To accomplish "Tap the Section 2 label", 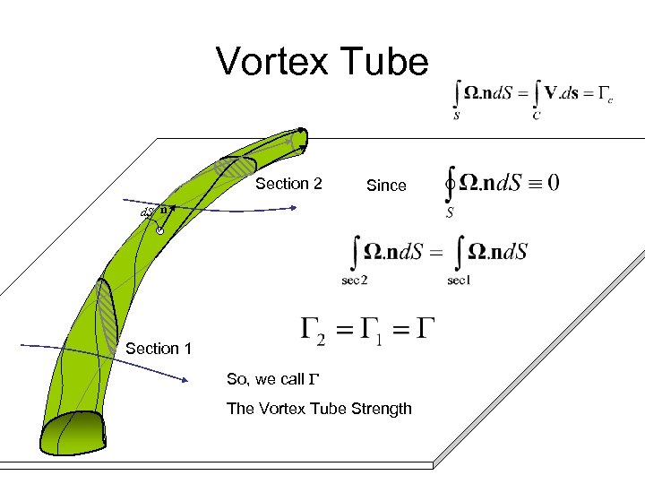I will [288, 184].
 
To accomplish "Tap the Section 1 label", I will [159, 349].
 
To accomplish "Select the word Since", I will [386, 186].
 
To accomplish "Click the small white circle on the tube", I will [159, 232].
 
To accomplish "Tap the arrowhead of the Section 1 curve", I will [185, 380].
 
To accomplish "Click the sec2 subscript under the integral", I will [354, 281].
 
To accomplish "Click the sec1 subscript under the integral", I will [459, 281].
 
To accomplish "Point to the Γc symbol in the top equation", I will [605, 95].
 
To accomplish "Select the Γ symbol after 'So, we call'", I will [314, 379].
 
